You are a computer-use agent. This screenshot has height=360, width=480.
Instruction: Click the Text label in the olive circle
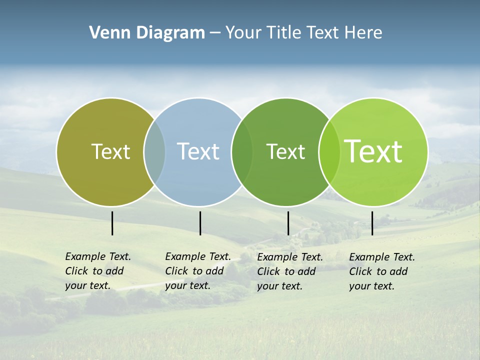tap(110, 151)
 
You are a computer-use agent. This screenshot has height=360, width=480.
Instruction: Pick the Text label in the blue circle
tap(198, 151)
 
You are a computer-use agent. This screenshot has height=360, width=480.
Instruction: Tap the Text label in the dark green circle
tap(285, 151)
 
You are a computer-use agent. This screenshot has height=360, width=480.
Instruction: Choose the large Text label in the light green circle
tap(373, 151)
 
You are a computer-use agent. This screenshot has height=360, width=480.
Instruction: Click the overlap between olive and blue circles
tap(154, 151)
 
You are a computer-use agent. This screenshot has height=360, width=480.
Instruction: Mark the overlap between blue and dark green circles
tap(242, 151)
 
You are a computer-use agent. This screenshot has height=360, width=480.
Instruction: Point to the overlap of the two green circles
tap(329, 151)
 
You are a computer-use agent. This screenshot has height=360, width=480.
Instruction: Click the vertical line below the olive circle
tap(112, 223)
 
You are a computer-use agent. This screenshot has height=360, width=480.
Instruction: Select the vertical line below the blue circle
tap(200, 223)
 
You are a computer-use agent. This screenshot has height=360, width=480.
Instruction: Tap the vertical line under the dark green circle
tap(288, 223)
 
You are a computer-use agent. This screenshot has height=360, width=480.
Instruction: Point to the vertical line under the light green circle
tap(372, 223)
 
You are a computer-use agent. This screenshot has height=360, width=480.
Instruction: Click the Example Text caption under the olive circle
tap(98, 271)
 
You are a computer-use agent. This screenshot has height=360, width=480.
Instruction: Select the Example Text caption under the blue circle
tap(198, 271)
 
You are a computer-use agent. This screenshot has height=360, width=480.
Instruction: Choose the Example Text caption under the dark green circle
tap(290, 271)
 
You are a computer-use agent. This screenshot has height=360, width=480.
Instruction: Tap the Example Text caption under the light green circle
tap(382, 271)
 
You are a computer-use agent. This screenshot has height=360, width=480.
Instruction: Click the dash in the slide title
tap(215, 33)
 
